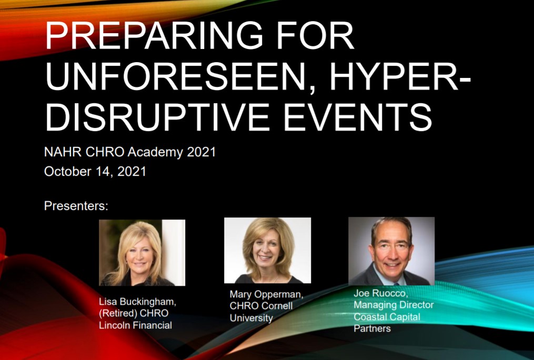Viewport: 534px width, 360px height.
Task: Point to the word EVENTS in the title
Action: (x=358, y=117)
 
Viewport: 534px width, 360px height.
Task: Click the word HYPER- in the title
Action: (x=400, y=76)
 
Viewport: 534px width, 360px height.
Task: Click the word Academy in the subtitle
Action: (x=155, y=152)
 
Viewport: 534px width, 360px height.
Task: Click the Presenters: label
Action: (x=76, y=206)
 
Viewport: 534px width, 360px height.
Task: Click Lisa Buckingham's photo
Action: (x=142, y=253)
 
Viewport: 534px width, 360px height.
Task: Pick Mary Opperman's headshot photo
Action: (x=267, y=251)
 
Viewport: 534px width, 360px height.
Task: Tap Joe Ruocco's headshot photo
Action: (x=391, y=251)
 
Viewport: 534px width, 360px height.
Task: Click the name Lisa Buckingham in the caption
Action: (x=138, y=302)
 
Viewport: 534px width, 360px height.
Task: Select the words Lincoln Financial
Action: (x=136, y=325)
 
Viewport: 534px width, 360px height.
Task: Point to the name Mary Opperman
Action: (x=266, y=295)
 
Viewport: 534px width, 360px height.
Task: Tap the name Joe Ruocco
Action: (x=381, y=293)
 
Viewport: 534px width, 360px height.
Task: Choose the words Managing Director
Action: (x=394, y=305)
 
